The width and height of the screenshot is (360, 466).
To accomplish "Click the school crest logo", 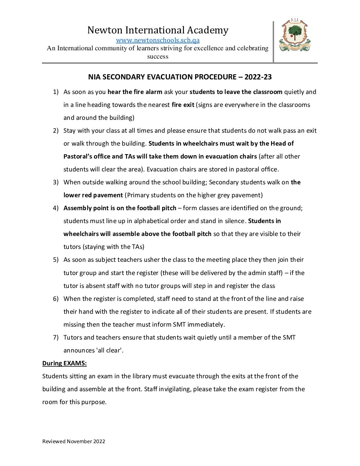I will (x=295, y=36).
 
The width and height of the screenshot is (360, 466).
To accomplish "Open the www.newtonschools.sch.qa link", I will (x=157, y=40).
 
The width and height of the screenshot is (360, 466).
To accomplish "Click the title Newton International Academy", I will (x=158, y=30).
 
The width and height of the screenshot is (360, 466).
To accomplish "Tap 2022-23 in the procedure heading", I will (x=258, y=77).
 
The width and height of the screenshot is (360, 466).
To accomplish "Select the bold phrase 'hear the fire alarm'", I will (x=135, y=92).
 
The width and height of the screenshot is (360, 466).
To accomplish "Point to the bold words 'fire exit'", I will (x=183, y=105).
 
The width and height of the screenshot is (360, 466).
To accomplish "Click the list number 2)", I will (x=56, y=131).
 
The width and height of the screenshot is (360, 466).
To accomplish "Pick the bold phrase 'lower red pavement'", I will (x=93, y=195).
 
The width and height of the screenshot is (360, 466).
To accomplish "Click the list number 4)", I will (x=56, y=208).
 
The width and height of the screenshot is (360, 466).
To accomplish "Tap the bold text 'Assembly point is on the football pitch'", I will (x=120, y=208).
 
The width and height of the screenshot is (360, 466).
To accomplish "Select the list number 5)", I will (x=56, y=260).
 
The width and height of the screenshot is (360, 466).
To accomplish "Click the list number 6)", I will (x=56, y=299).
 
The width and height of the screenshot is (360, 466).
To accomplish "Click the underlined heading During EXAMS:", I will (x=65, y=363).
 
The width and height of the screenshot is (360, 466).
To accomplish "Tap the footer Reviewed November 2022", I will (x=74, y=442).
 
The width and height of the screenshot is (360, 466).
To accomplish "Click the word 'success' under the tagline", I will (x=158, y=57).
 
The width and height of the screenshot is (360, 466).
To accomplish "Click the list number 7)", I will (x=56, y=338).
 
